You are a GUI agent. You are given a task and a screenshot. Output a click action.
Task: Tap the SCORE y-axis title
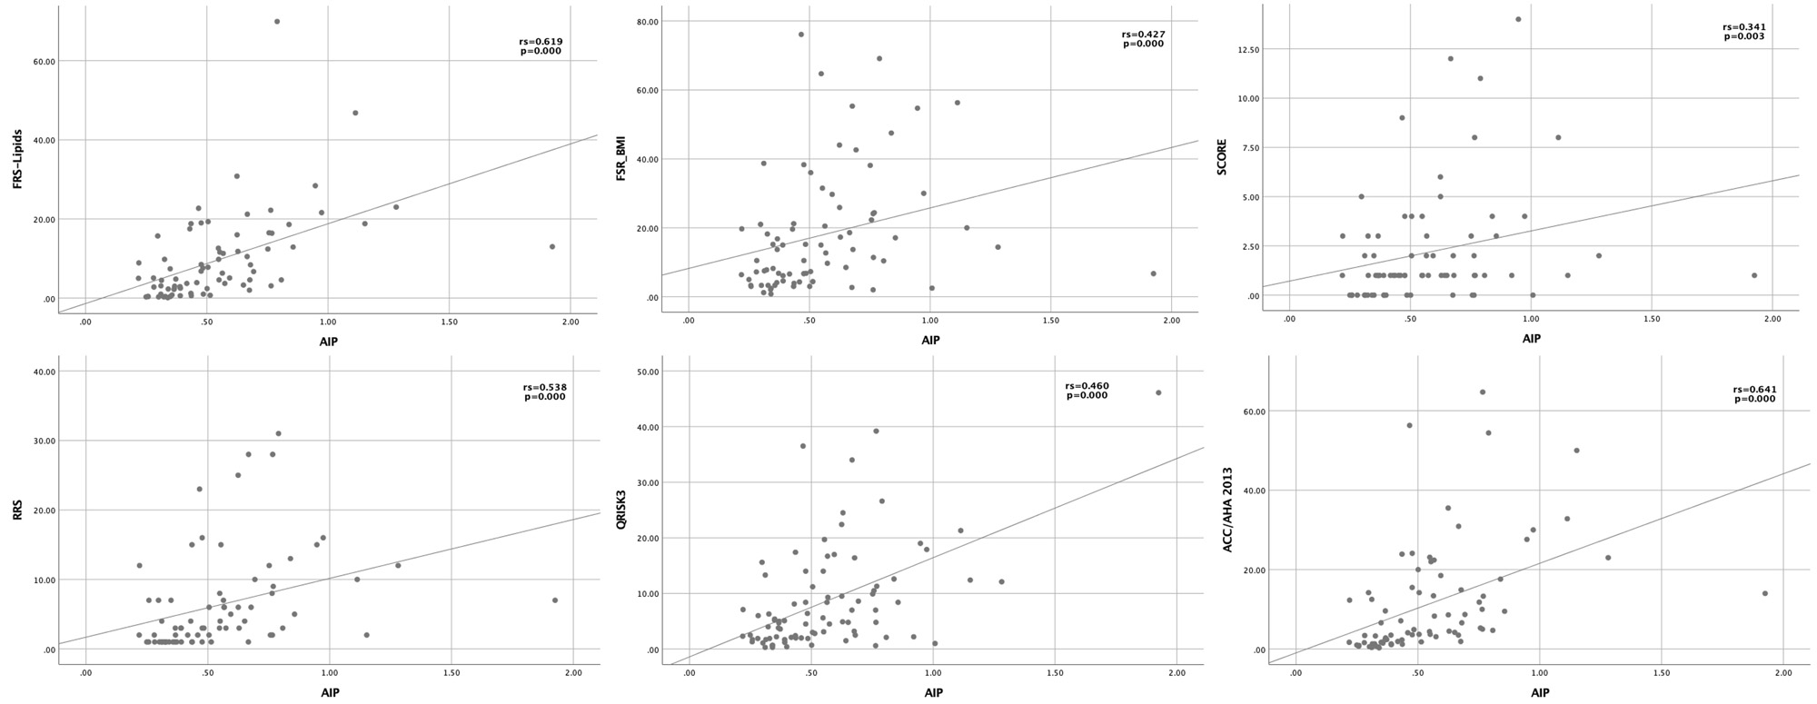(x=1221, y=156)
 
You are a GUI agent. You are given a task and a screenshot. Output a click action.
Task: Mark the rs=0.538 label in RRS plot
(x=544, y=387)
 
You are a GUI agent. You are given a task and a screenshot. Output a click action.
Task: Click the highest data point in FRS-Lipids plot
(x=277, y=22)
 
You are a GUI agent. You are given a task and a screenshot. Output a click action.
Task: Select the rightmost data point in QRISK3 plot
(x=1158, y=392)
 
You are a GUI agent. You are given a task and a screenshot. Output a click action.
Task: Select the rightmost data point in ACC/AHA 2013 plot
(x=1764, y=593)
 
